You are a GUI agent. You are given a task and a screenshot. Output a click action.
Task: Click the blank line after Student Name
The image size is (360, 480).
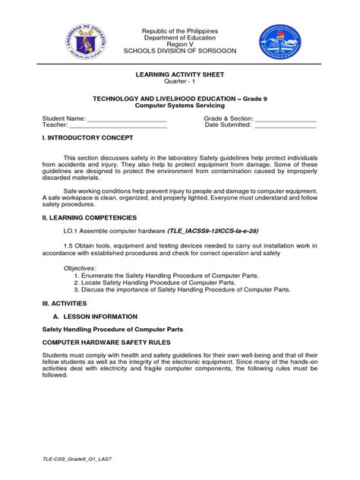coord(127,120)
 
